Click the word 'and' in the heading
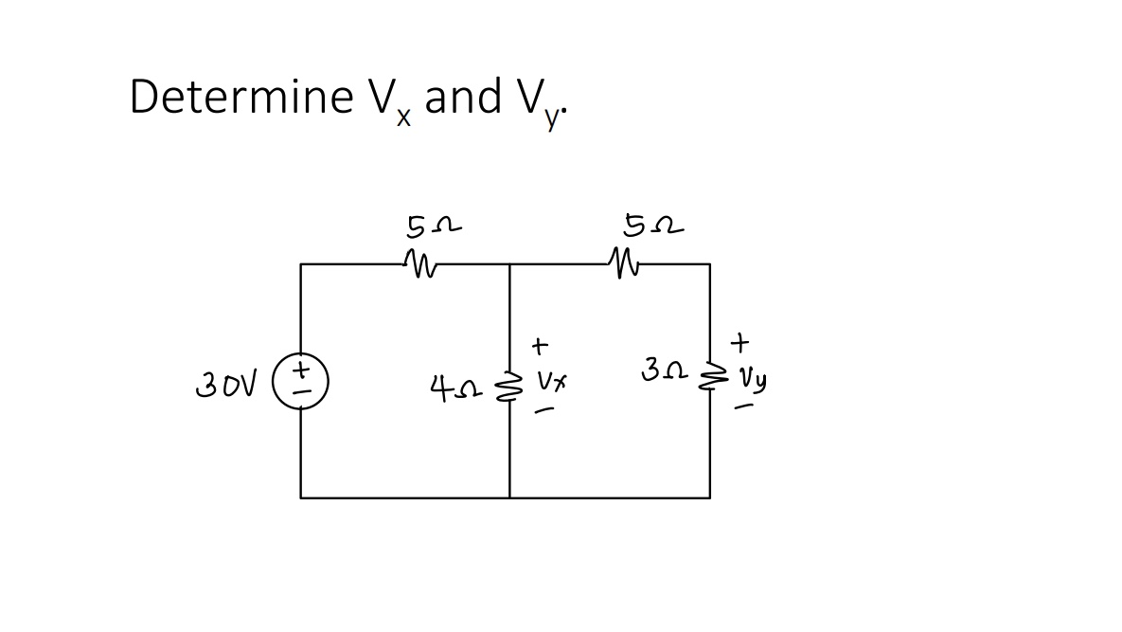(464, 97)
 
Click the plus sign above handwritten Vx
(540, 343)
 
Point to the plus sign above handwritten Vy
(740, 338)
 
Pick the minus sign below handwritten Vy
(747, 407)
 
